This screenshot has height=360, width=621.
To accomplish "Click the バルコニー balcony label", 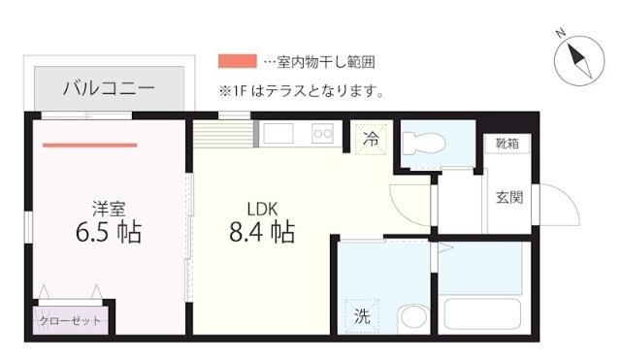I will point(108,87).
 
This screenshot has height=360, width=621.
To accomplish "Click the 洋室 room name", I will point(107,208).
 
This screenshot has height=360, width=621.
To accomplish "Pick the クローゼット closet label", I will point(70,320).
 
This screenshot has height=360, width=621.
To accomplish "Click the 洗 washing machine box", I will point(361,315).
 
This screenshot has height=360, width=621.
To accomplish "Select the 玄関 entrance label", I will point(509,198).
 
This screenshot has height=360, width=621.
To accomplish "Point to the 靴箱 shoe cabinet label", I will point(507,144).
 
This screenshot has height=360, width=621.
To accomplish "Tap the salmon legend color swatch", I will point(238,60).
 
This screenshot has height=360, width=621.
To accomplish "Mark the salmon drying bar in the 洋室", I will point(89,146).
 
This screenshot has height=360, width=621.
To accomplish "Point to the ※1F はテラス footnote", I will point(302,92).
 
